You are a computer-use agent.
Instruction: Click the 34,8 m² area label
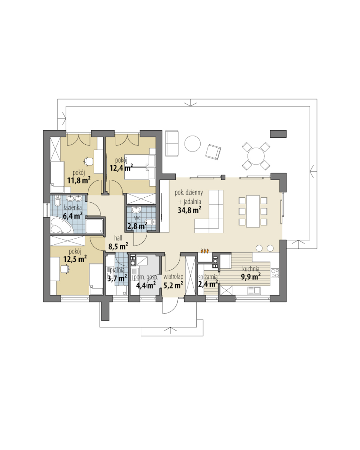coord(189,210)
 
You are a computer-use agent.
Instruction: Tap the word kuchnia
coord(251,269)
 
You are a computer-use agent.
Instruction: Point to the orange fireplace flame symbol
coord(205,250)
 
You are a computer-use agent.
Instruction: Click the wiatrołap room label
coord(174,277)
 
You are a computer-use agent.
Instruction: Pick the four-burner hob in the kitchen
coord(275,273)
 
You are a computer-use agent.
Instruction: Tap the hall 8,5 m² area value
coord(118,246)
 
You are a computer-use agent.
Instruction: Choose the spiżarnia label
coord(208,277)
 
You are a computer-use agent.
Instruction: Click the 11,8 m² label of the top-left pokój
coord(79,180)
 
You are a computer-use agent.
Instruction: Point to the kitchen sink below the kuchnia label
coord(254,290)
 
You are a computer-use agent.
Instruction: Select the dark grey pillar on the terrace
coord(278,134)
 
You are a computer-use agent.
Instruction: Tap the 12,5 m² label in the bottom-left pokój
coord(75,259)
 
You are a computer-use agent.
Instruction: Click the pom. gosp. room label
coord(146,277)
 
